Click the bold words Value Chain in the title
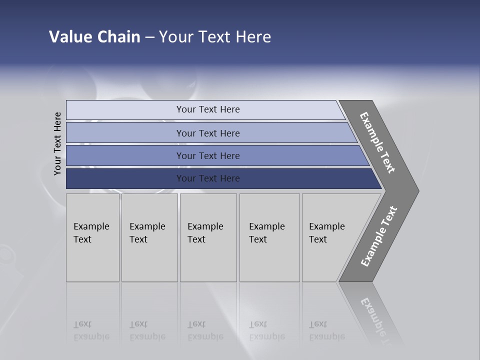94,37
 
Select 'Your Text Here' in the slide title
215,37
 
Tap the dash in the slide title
149,37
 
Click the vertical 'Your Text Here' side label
57,143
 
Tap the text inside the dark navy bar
207,178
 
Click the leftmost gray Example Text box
92,237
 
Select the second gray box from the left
149,237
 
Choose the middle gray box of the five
208,237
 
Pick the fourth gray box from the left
269,237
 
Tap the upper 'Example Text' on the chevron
377,142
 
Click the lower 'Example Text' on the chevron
378,236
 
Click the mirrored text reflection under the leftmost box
91,330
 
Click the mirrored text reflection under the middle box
205,330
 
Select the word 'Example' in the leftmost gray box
91,226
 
